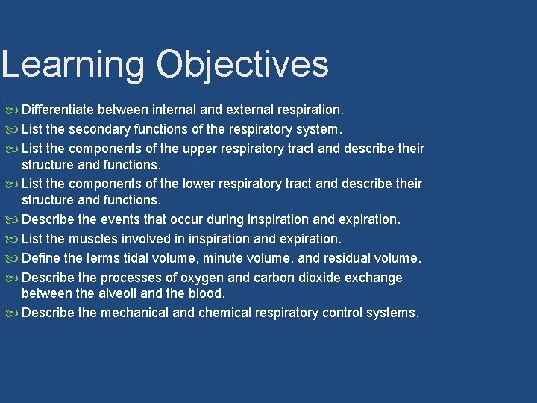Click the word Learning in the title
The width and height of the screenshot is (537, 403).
click(x=72, y=65)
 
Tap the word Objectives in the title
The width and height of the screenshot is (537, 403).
click(x=242, y=65)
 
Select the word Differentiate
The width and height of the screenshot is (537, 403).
click(x=62, y=110)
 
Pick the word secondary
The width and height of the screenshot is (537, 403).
click(x=104, y=129)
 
